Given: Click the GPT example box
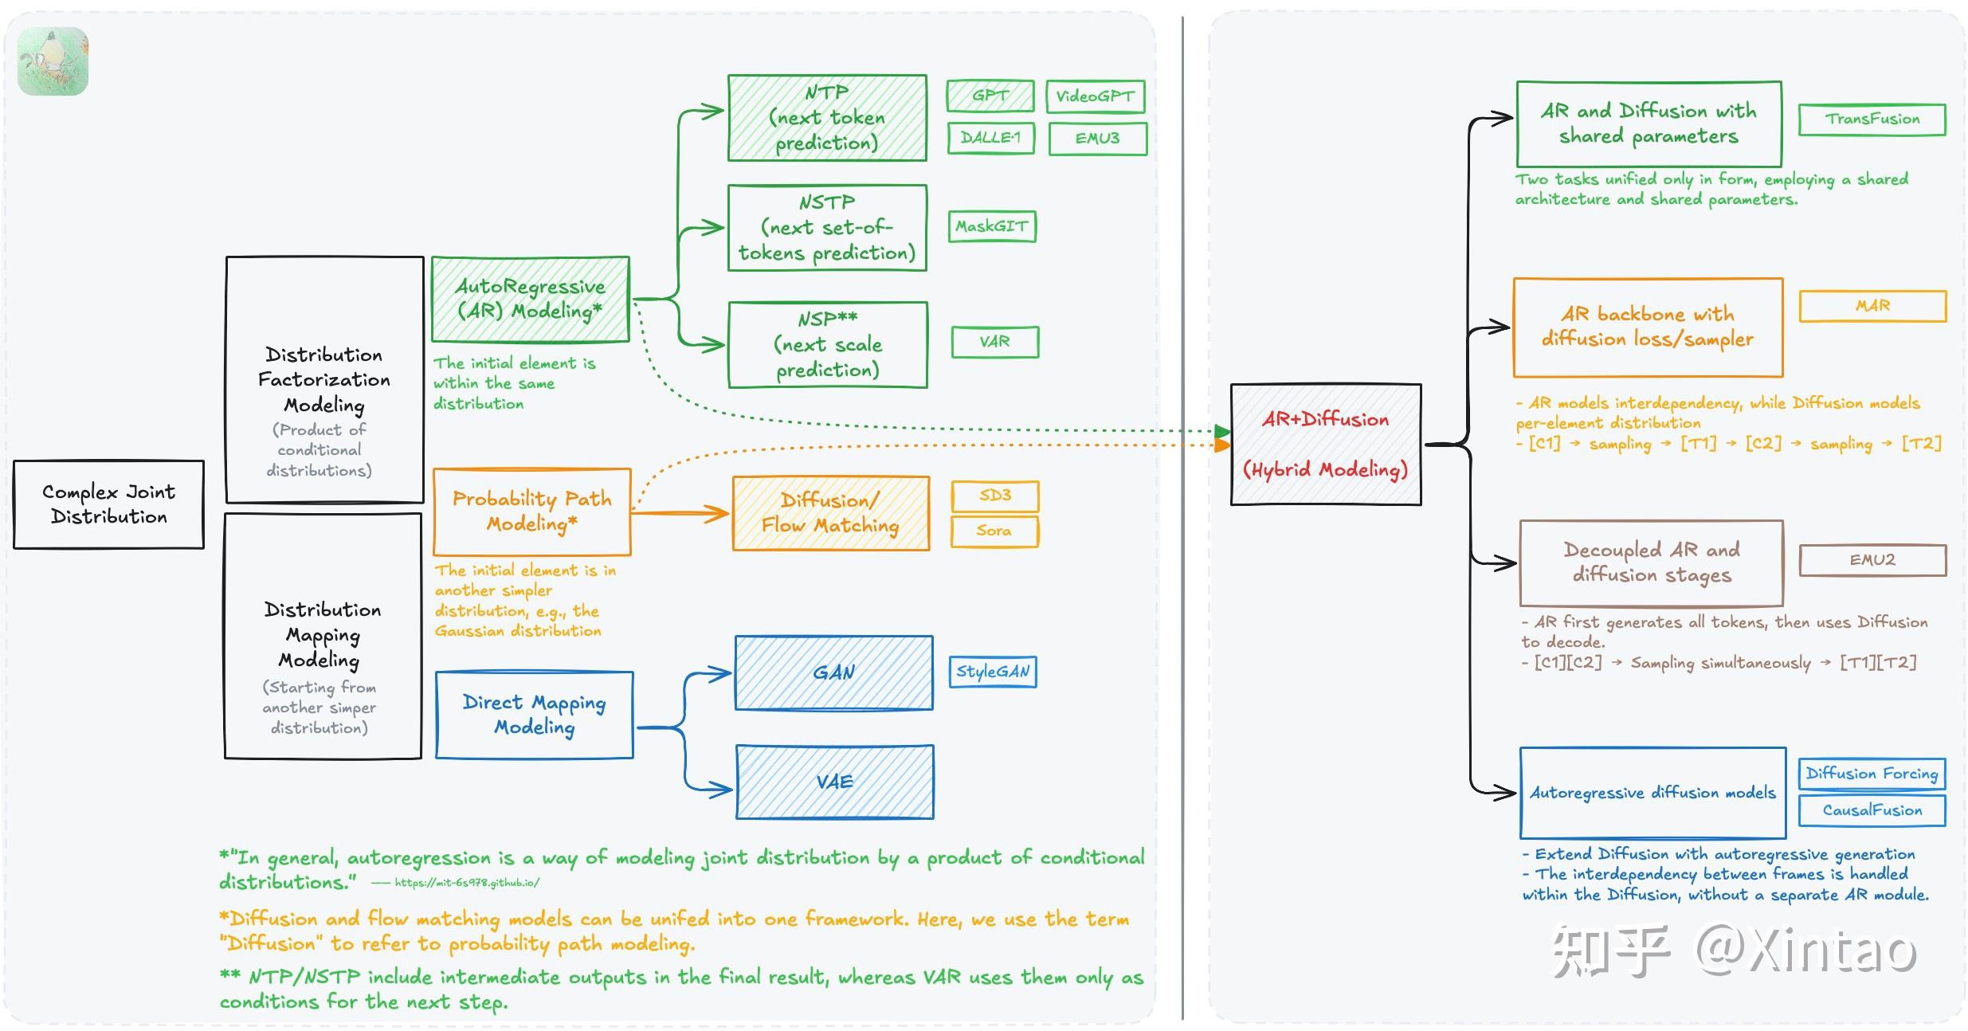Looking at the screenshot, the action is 990,96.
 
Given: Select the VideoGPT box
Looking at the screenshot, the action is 1095,96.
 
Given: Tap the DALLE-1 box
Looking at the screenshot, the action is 990,138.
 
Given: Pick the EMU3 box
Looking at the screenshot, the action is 1097,139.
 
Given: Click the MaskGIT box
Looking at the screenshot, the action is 992,226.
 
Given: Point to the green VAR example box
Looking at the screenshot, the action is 995,342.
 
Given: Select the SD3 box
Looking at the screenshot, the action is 995,496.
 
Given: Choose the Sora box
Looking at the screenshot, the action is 994,531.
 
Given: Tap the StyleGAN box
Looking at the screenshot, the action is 993,672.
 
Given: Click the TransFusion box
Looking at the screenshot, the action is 1872,120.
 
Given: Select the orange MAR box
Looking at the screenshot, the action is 1872,306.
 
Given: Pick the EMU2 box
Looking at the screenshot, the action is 1872,560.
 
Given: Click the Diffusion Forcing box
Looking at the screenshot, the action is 1872,774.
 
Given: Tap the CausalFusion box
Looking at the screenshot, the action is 1872,810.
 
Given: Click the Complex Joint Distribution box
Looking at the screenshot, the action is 108,504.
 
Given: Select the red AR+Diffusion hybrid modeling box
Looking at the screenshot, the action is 1326,445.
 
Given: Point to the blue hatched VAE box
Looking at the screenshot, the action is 834,782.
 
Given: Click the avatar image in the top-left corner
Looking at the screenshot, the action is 53,61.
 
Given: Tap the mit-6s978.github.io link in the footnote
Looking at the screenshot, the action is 467,883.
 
